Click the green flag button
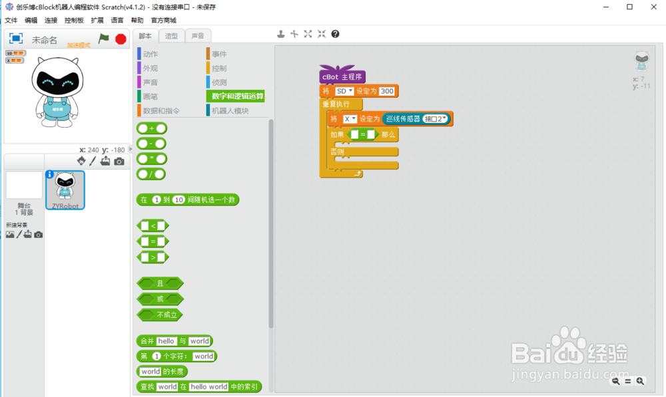tap(104, 39)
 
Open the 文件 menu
tap(11, 21)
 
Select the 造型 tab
tap(171, 36)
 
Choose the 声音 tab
tap(198, 36)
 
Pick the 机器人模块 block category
tap(230, 111)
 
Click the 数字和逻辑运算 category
tap(237, 96)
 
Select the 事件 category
tap(219, 55)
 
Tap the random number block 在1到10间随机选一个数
tap(187, 199)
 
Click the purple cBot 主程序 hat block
tap(342, 76)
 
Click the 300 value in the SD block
tap(387, 91)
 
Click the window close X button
tap(653, 7)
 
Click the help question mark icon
tap(335, 34)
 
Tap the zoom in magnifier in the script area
tap(640, 381)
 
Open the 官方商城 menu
tap(163, 21)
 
